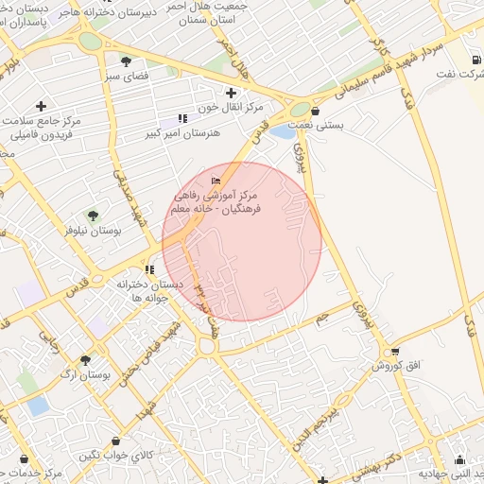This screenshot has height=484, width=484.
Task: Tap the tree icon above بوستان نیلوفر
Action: coord(93,216)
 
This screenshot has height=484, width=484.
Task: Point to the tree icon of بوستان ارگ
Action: coord(85,360)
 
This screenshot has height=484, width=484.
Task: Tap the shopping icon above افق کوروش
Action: coord(385,352)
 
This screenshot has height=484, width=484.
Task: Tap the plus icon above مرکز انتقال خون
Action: coord(231,92)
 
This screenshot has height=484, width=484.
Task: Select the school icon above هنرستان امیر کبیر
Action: coord(182,119)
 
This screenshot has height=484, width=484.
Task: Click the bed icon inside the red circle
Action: coord(216,181)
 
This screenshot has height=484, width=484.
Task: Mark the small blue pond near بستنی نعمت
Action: coord(282,131)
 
